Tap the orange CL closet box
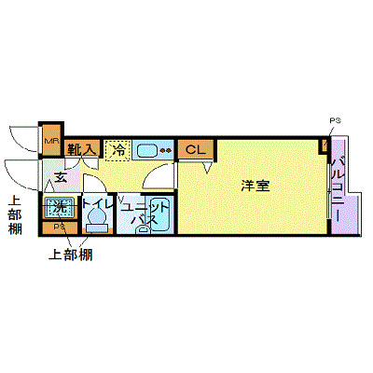[194, 149]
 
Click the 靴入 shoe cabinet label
[82, 148]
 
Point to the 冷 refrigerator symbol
[117, 149]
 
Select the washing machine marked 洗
[59, 206]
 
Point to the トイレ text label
[97, 202]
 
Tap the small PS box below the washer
[59, 227]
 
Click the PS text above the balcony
[335, 120]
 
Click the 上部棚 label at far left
[15, 216]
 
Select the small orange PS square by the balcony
[325, 145]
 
